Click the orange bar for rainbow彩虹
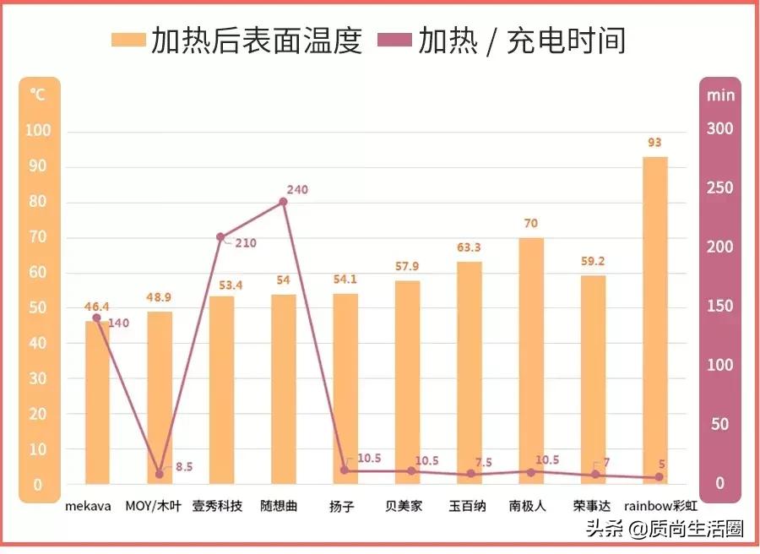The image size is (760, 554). pos(654,321)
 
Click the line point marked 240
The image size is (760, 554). pos(283,202)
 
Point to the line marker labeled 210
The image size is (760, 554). pos(220,237)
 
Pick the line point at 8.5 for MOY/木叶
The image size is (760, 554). pos(159,474)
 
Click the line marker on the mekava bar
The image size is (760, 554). pos(96,318)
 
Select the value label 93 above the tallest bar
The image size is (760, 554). pos(654,142)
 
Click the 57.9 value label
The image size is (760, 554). pos(407,267)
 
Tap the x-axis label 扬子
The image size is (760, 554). pos(342,507)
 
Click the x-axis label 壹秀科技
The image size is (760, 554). pos(217,507)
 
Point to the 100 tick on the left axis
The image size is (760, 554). pos(38,131)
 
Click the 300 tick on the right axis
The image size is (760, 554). pos(720,129)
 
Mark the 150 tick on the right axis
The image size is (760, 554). pos(720,307)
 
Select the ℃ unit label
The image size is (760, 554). pos(37,94)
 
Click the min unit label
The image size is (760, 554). pos(720,94)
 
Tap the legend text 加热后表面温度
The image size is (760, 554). pos(256,40)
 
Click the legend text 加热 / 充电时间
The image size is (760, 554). pos(522,40)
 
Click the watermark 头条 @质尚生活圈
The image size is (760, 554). pos(665,530)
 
